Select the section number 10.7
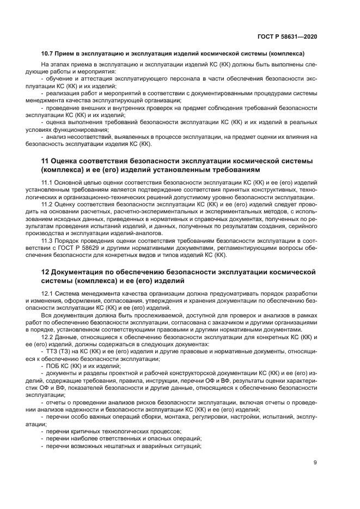[48, 53]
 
